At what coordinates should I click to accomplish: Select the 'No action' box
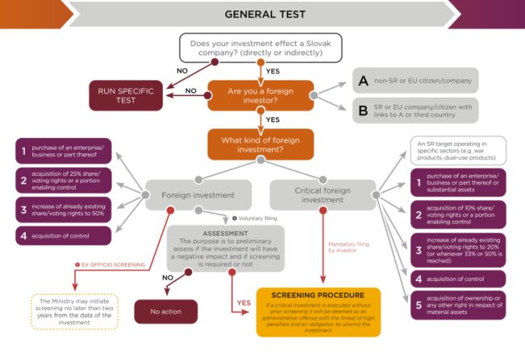point(166,311)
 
